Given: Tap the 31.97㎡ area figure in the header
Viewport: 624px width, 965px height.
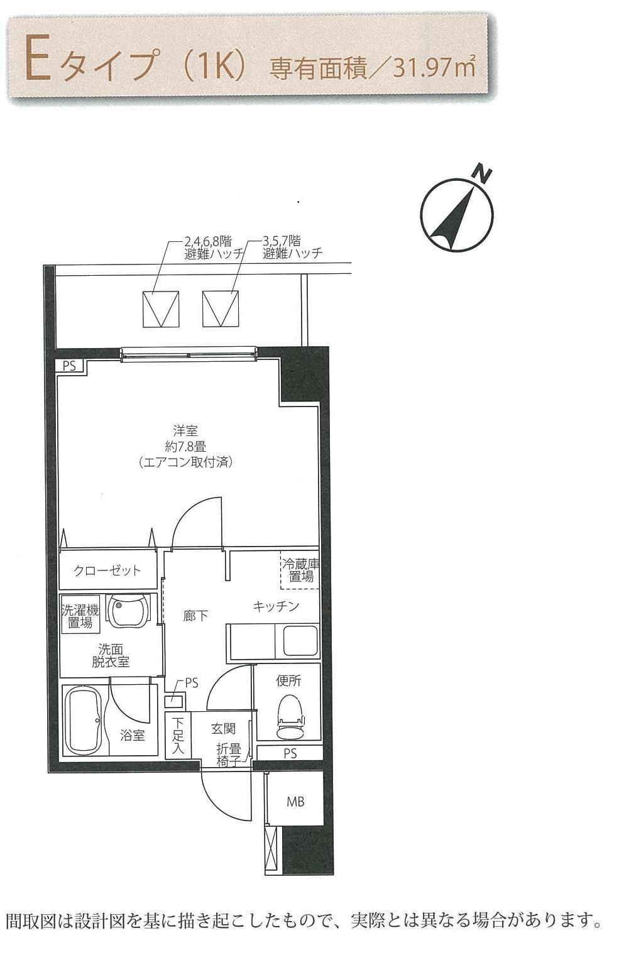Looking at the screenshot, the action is pyautogui.click(x=434, y=68).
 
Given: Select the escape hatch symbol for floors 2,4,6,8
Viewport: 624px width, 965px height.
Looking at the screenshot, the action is pyautogui.click(x=161, y=308).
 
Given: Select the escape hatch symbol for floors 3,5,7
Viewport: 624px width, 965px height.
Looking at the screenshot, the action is pyautogui.click(x=221, y=308).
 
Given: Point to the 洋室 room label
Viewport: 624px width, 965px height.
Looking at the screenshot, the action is pyautogui.click(x=185, y=430).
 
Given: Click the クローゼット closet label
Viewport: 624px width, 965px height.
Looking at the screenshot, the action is pyautogui.click(x=107, y=570).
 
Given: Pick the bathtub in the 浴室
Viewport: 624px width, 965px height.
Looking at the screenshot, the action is pyautogui.click(x=85, y=719).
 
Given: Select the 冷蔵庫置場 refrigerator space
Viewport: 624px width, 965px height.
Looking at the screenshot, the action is pyautogui.click(x=300, y=570).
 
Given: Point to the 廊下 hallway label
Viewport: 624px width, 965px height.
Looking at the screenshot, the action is pyautogui.click(x=195, y=616).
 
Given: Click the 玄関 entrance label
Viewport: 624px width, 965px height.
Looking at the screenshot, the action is pyautogui.click(x=223, y=729).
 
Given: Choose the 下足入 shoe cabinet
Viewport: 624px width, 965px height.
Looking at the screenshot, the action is pyautogui.click(x=177, y=735).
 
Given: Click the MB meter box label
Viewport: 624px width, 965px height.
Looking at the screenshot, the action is pyautogui.click(x=295, y=802).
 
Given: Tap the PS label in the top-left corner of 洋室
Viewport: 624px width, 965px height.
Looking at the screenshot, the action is pyautogui.click(x=69, y=366).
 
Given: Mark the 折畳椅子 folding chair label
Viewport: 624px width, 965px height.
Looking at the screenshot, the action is pyautogui.click(x=229, y=755).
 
